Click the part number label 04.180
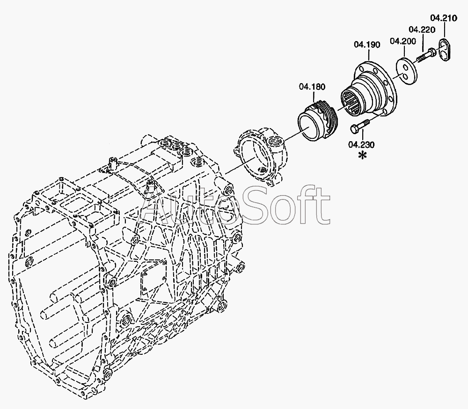click(312, 86)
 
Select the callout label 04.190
click(367, 45)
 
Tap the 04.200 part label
click(403, 41)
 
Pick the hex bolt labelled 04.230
click(359, 125)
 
